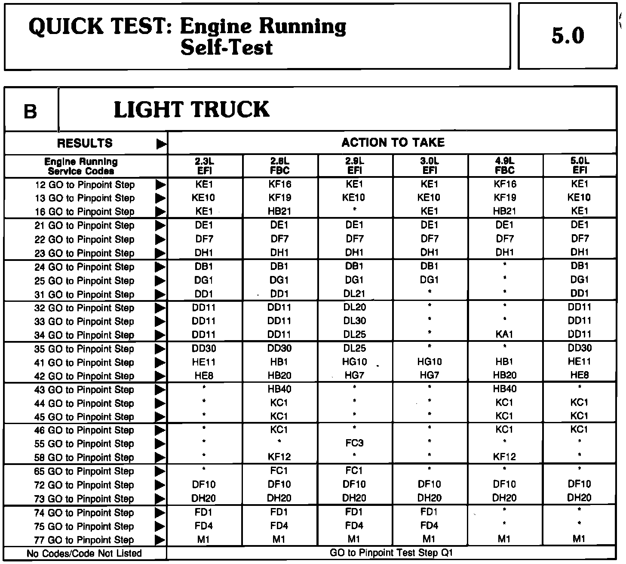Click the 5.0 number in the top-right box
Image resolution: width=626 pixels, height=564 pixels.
568,36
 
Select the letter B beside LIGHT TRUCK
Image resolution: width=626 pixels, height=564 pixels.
31,112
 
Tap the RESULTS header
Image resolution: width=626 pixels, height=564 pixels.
85,143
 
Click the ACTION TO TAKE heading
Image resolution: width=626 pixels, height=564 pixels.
393,143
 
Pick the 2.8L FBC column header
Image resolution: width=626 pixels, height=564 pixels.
279,166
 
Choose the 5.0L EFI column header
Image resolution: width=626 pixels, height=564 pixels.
580,166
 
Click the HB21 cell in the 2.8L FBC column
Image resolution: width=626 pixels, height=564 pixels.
279,211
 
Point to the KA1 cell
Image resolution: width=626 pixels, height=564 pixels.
504,334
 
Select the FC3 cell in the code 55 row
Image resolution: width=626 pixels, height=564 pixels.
354,443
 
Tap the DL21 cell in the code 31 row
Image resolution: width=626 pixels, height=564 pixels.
354,294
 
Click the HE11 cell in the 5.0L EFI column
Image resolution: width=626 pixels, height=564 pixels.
580,362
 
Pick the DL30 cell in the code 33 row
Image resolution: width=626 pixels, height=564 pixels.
354,321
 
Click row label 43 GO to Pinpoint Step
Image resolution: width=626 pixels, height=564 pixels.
84,390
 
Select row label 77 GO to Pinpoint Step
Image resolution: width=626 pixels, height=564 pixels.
84,540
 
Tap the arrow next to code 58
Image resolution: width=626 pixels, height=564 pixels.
160,457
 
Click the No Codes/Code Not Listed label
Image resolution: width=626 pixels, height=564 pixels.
84,553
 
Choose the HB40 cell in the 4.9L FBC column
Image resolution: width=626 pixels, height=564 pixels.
504,389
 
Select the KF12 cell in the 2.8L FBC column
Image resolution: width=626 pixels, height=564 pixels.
279,457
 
